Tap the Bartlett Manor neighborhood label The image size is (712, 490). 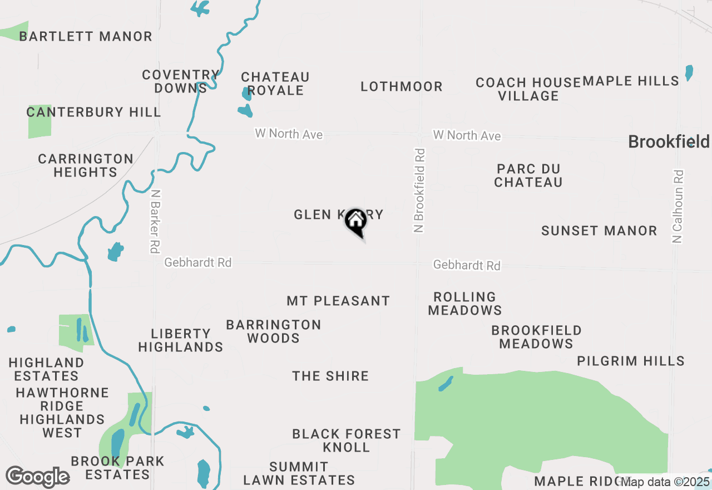86,37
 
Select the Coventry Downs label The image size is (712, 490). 181,81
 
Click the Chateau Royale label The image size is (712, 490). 275,84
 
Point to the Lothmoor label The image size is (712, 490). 402,87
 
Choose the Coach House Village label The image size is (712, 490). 528,89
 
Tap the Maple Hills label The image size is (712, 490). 631,81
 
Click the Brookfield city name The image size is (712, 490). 669,141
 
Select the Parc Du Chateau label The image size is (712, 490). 528,175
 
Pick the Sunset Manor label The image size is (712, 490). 599,231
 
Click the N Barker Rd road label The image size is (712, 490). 155,222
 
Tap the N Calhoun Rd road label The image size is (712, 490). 678,206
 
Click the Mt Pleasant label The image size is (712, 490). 338,301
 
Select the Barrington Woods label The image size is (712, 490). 274,331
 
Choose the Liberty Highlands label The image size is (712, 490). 181,340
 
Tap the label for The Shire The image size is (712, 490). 330,376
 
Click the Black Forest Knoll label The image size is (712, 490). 347,440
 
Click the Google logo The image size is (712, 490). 37,477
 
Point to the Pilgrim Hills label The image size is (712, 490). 631,361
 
